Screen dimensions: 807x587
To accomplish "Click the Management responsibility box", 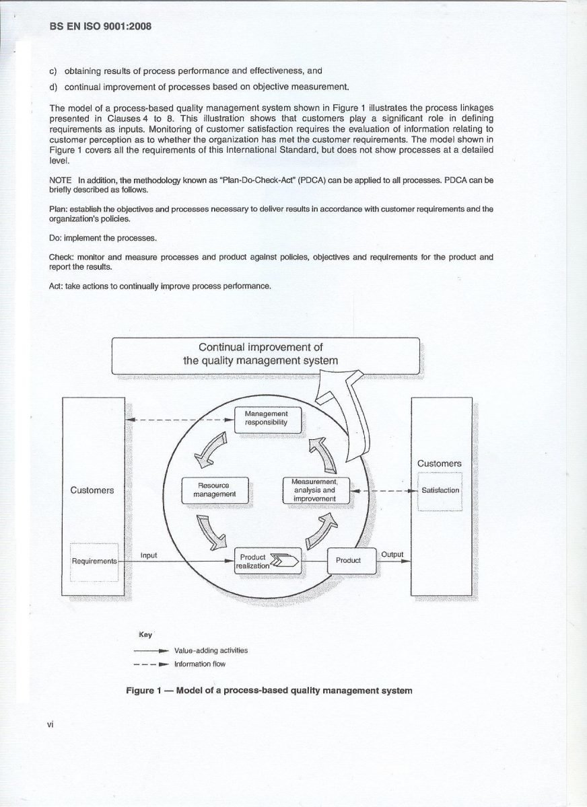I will point(267,418).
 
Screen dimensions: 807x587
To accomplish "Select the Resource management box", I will point(215,490).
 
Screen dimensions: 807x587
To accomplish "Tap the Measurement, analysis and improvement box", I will point(314,490).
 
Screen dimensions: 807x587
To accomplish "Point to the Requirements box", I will point(94,561).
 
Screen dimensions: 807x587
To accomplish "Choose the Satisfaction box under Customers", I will point(440,490).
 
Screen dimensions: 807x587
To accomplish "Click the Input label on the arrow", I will point(149,555).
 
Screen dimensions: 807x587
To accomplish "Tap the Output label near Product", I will point(392,554).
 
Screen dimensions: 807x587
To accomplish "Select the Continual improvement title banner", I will point(265,354).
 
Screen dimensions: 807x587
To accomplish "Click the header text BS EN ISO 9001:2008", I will point(100,27).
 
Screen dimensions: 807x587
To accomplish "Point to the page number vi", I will point(50,724).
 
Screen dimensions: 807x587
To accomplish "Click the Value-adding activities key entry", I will point(211,650).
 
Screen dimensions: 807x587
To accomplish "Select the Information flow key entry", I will point(200,664).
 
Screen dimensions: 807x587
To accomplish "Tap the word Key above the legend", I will point(145,634).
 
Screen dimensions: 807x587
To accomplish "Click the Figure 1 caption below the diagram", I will point(269,690).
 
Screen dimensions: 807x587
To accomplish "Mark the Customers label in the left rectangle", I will point(92,490).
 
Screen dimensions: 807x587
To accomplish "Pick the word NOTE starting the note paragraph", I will point(61,180).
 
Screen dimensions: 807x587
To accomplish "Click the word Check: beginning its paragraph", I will point(62,257).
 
